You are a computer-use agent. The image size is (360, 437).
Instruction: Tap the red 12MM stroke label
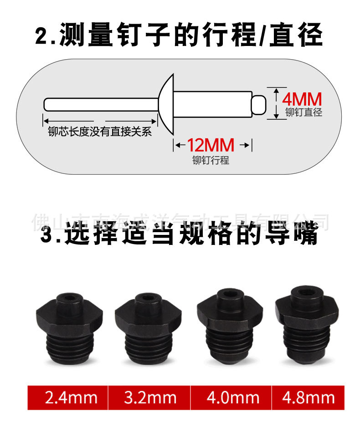coord(211,145)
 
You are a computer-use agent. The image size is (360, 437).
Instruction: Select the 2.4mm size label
coord(71,398)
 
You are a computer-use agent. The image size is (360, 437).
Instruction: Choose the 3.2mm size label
coord(150,398)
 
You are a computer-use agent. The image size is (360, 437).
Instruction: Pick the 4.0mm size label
coord(232,398)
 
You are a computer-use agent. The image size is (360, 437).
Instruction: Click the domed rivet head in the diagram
coord(168,104)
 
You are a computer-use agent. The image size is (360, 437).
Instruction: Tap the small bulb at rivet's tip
coord(259,104)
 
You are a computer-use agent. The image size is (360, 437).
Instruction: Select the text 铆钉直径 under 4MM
coord(303,112)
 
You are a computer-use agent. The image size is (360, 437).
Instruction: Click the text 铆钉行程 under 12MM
coord(211,160)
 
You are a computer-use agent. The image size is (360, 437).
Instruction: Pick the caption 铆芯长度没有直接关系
coord(100,132)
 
